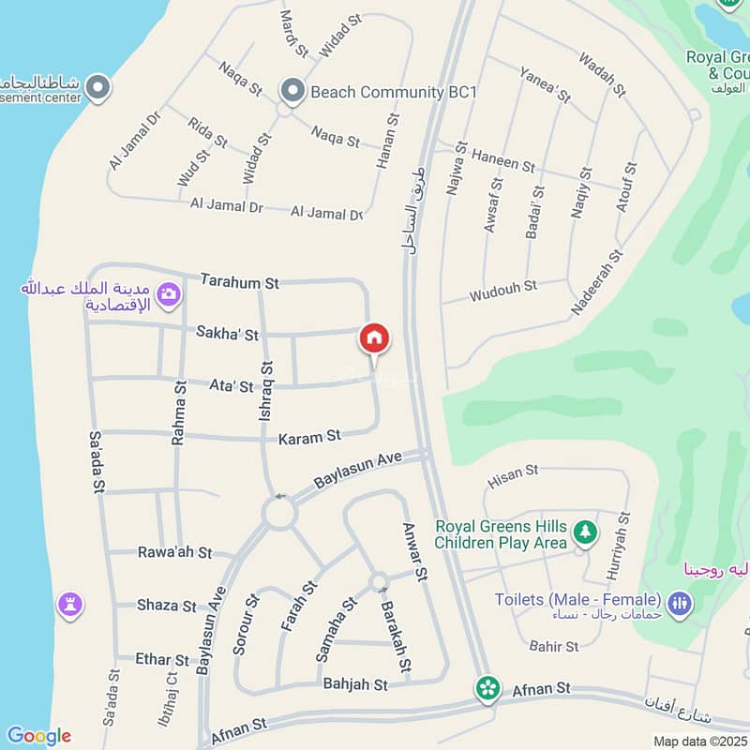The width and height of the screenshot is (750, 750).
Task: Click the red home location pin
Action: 374,338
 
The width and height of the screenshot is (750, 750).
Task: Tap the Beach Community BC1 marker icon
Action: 293,91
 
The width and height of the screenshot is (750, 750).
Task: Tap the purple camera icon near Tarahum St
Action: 169,295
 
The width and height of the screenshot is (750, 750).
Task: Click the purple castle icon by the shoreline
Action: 68,604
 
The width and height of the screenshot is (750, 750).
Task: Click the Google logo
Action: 38,736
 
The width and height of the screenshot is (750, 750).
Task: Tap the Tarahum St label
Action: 241,281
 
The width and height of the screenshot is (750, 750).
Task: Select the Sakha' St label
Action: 227,332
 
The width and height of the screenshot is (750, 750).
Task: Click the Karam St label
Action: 309,437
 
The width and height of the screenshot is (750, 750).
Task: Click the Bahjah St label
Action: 355,685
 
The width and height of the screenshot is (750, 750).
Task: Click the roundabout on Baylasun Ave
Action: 279,513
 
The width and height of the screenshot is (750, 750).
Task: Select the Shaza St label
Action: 167,606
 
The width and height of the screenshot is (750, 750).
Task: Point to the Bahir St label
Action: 554,646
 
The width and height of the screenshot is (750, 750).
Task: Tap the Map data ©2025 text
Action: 699,741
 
